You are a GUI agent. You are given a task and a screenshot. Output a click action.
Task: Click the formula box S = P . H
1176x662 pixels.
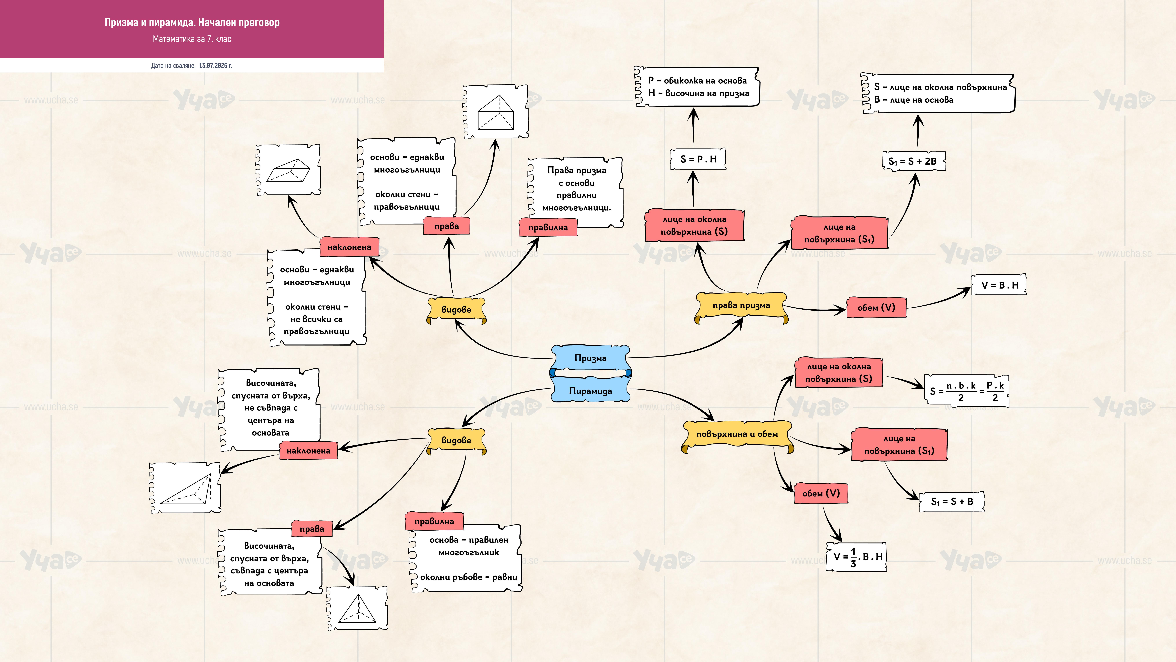coord(698,159)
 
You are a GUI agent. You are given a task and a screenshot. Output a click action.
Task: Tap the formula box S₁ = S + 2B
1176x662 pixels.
coord(913,161)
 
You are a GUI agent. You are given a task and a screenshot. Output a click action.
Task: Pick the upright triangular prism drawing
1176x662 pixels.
coord(496,111)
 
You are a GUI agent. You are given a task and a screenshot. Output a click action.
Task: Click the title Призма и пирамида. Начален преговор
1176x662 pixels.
coord(192,22)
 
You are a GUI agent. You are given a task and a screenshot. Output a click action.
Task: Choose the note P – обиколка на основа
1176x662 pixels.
coord(697,80)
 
